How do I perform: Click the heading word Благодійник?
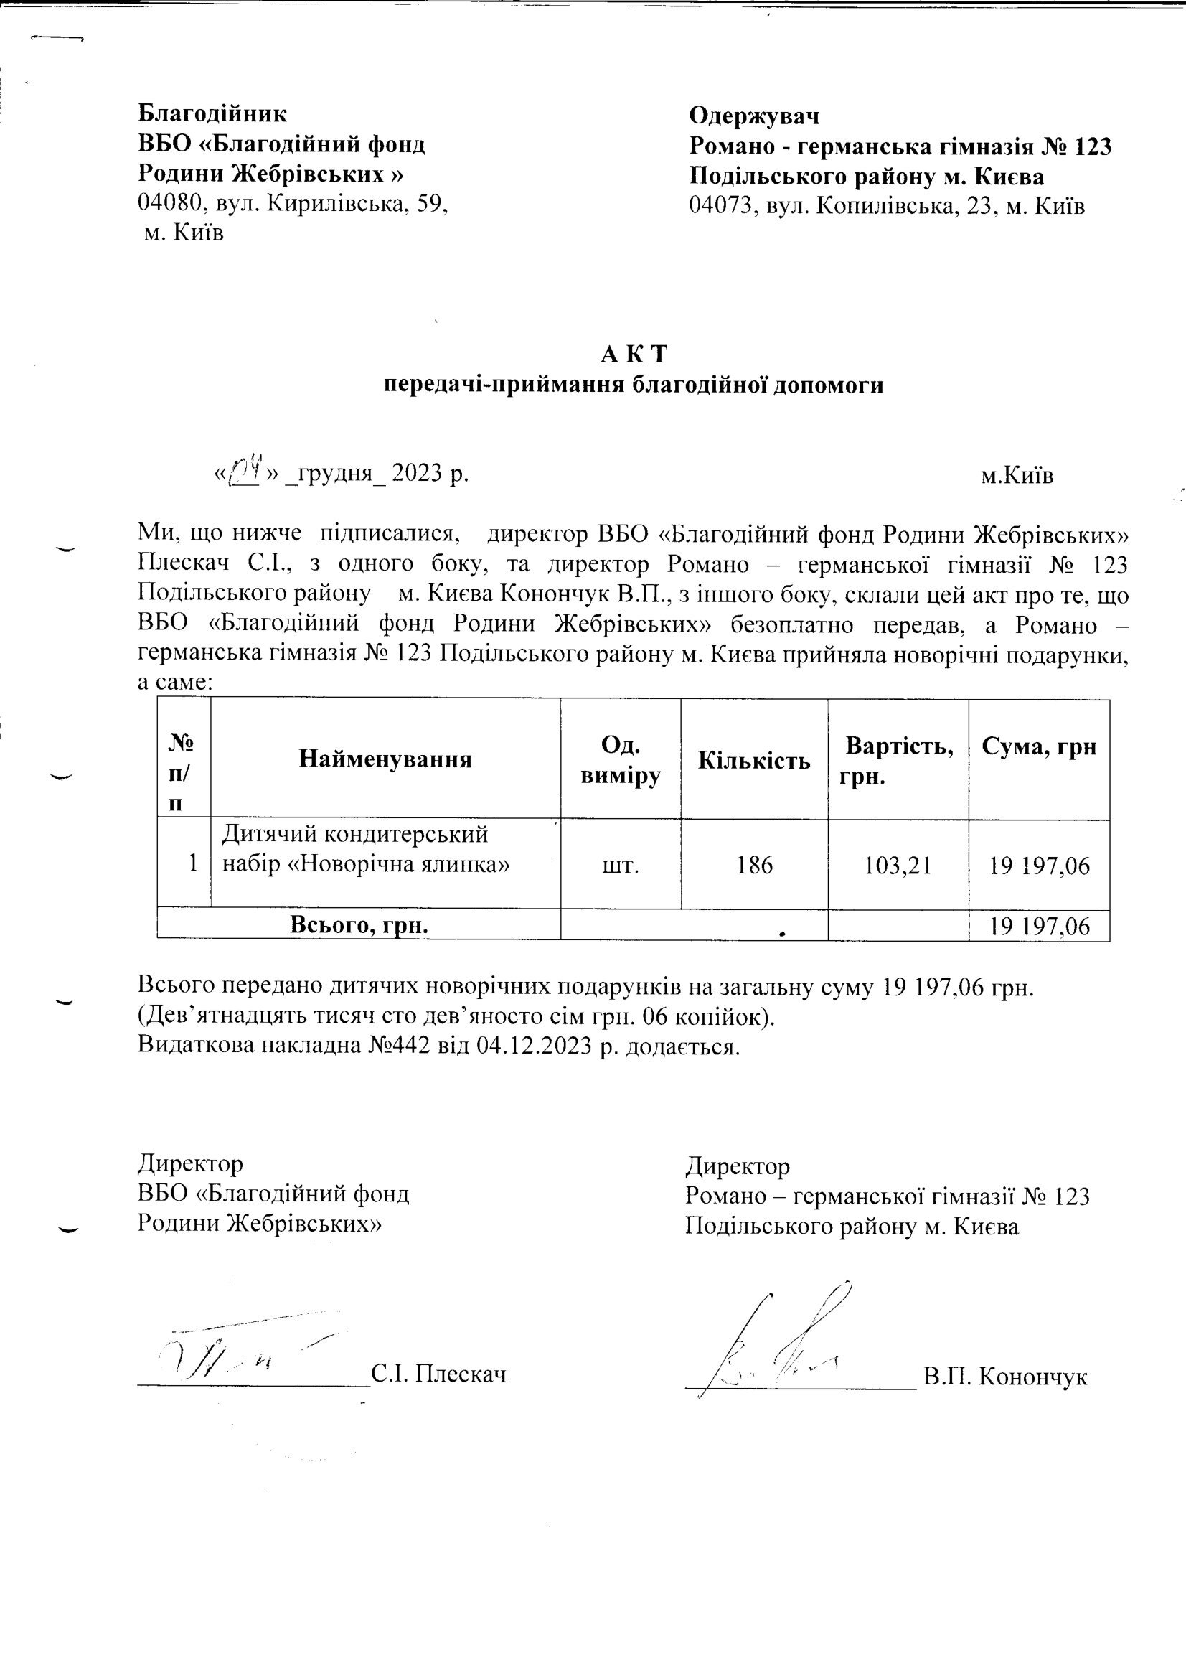click(x=212, y=114)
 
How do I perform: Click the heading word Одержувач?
click(x=753, y=116)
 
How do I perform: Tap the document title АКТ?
click(x=634, y=355)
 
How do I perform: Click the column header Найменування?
click(x=385, y=759)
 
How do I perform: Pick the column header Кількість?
click(x=753, y=761)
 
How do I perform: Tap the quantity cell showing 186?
click(x=754, y=866)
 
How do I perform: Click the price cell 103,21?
click(x=898, y=866)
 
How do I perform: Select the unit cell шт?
click(x=621, y=866)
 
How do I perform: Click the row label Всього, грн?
click(x=359, y=925)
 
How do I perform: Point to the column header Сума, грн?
click(x=1038, y=746)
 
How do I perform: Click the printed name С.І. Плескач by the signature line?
click(x=438, y=1374)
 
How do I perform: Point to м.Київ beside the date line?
click(x=1017, y=477)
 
